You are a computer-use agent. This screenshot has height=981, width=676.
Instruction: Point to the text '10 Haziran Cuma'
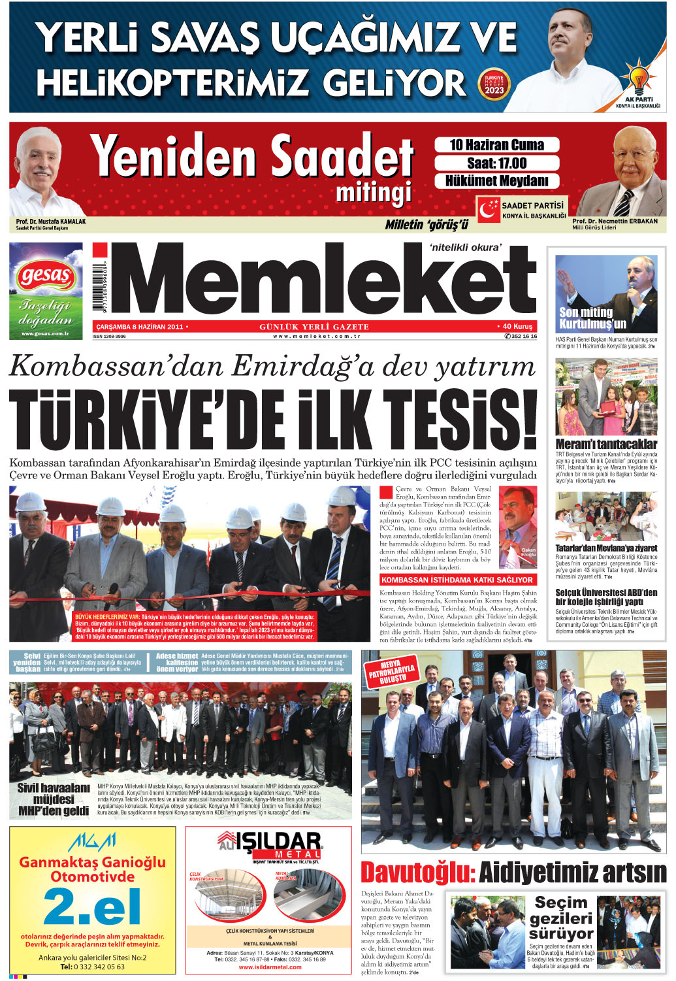tap(496, 145)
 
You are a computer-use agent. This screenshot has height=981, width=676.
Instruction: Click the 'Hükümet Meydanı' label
tap(496, 181)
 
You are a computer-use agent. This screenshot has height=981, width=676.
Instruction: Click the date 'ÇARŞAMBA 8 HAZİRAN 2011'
tap(140, 326)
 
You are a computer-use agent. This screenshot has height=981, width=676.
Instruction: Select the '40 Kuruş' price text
tap(517, 326)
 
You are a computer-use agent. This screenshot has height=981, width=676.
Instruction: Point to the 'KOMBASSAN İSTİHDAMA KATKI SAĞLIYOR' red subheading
tap(457, 580)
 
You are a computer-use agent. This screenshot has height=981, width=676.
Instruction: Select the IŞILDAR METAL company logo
tap(269, 846)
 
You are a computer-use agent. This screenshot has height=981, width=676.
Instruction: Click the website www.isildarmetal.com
tap(270, 967)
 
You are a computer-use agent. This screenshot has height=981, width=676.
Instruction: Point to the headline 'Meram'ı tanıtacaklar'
tap(606, 444)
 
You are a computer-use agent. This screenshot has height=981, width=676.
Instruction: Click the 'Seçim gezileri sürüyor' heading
tap(561, 918)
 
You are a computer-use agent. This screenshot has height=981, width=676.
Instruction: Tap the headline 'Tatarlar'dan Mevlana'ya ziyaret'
tap(606, 548)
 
